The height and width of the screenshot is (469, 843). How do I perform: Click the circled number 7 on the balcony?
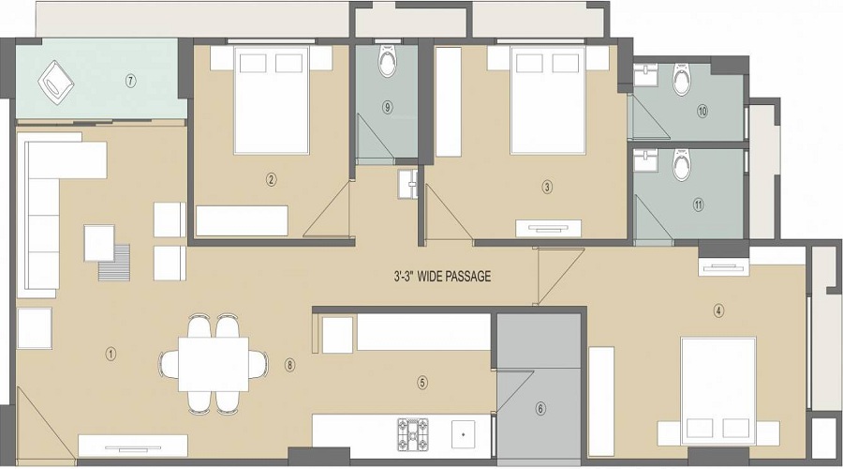[130, 82]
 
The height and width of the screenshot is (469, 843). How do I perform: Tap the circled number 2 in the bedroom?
[272, 179]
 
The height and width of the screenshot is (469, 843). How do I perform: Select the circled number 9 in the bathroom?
[387, 107]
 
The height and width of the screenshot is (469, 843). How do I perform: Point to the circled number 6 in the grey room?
[540, 409]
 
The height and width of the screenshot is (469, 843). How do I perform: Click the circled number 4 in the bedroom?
[718, 310]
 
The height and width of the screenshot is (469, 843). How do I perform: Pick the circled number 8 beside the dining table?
[290, 365]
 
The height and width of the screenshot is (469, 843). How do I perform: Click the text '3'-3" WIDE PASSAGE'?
[442, 277]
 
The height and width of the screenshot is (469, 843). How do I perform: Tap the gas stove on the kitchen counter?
[413, 433]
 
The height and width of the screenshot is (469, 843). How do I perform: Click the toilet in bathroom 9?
[387, 61]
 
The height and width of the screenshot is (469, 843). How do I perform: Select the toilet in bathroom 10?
[682, 80]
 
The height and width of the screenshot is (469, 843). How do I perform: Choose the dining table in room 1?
[214, 364]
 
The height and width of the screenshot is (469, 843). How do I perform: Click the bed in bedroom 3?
[547, 100]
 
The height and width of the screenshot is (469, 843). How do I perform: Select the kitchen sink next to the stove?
[463, 434]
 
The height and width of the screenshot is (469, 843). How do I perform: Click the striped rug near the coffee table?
[114, 263]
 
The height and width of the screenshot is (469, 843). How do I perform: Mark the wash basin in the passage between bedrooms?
[407, 184]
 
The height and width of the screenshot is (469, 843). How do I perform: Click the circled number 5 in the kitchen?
[422, 383]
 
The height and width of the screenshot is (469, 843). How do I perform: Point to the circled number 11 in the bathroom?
[698, 204]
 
